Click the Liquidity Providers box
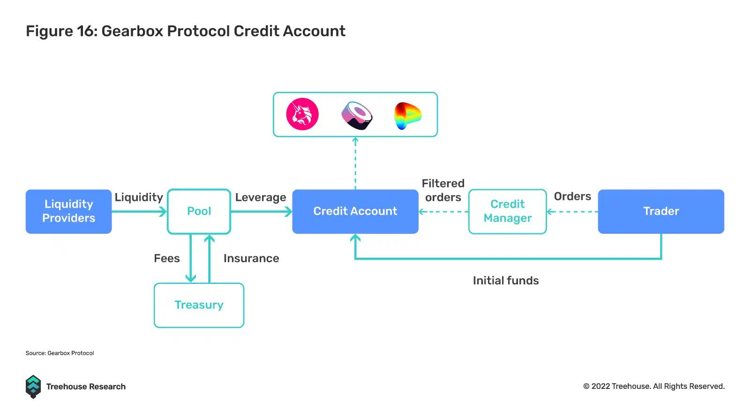pos(68,211)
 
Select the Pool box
pos(199,211)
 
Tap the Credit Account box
pos(355,211)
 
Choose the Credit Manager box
pos(507,211)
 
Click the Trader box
pos(660,211)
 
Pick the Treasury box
pos(199,305)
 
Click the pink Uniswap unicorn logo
pos(302,114)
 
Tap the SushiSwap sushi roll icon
pos(357,115)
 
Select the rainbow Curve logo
pos(407,115)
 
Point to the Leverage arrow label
pos(261,197)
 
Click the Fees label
pos(167,259)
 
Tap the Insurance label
pos(251,259)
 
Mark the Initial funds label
pos(506,281)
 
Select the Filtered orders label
pos(443,190)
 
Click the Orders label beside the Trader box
pos(572,196)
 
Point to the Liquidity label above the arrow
pos(139,197)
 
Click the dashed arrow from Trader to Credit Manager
pos(572,212)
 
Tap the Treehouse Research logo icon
pos(33,387)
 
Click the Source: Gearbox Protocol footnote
pos(60,353)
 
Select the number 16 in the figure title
pos(86,31)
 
